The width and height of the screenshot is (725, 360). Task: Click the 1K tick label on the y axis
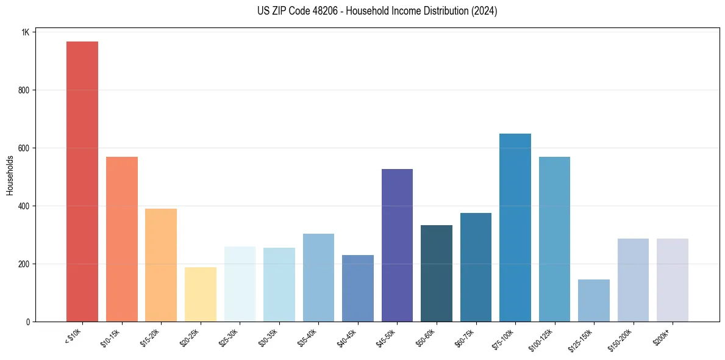[x=25, y=32]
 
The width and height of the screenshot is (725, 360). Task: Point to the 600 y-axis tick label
[x=24, y=148]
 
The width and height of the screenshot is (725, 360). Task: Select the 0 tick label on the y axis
[x=27, y=322]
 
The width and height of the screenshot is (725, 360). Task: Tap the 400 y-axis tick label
[x=24, y=206]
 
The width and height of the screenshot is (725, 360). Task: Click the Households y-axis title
[x=10, y=175]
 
